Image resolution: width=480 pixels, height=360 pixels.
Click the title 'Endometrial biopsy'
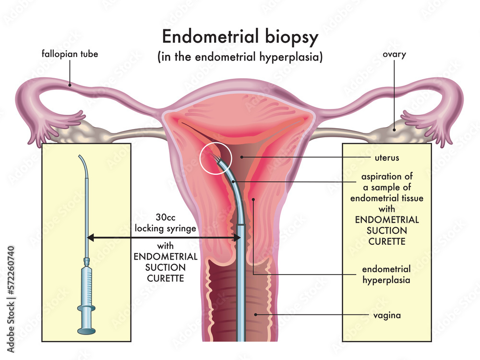click(240, 36)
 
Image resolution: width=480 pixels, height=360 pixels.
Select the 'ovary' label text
click(394, 54)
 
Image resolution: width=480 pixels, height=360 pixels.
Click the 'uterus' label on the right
click(387, 157)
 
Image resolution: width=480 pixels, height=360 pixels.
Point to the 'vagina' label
click(387, 315)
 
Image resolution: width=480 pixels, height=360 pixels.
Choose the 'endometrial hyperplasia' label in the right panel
click(386, 274)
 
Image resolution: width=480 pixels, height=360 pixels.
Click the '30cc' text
click(165, 216)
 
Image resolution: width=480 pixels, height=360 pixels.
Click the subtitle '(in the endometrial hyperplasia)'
click(240, 57)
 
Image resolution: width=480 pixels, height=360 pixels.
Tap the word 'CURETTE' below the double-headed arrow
click(165, 278)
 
